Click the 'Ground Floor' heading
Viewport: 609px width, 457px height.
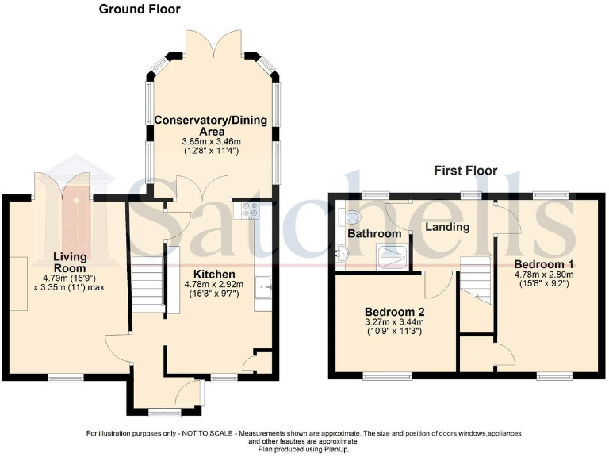(139, 10)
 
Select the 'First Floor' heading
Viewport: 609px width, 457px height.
(465, 171)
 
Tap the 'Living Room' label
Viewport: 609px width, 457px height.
(70, 262)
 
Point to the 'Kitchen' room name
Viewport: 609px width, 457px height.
(208, 274)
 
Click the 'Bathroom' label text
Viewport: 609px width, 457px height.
(373, 234)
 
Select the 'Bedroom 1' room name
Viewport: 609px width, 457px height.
(544, 263)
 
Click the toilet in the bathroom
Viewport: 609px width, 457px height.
(350, 215)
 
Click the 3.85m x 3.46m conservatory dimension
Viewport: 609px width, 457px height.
(210, 140)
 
